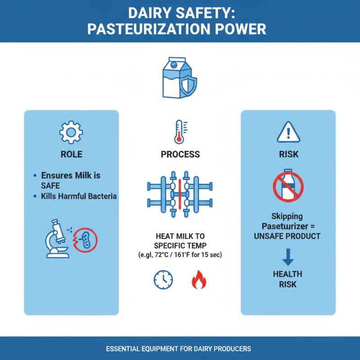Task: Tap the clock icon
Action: pyautogui.click(x=163, y=280)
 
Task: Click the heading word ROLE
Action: pyautogui.click(x=72, y=154)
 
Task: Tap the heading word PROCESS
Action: pyautogui.click(x=180, y=154)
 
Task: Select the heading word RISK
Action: pyautogui.click(x=288, y=154)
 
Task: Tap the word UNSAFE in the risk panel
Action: pyautogui.click(x=270, y=236)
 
